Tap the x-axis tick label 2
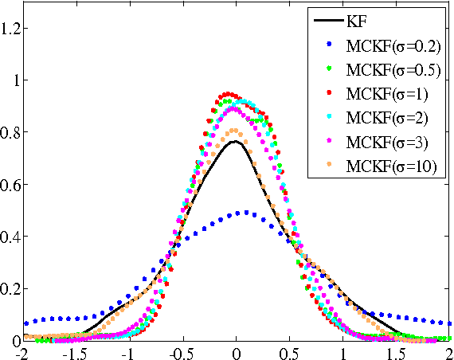(x=450, y=353)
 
